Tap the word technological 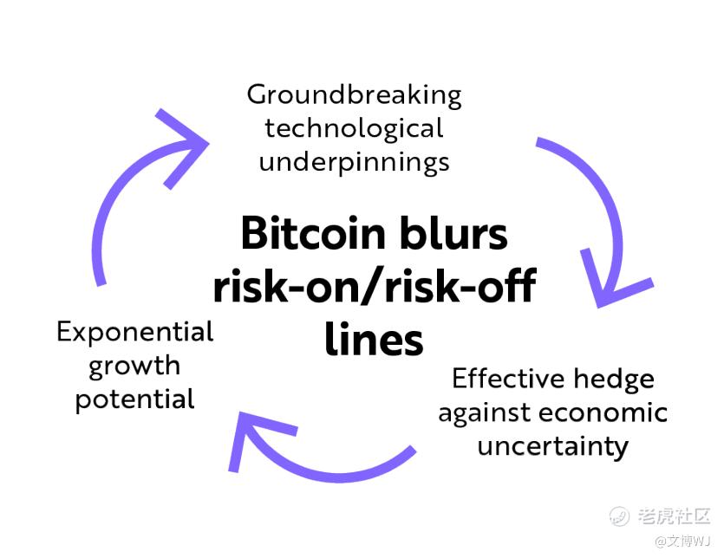tap(354, 128)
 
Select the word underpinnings tap(354, 162)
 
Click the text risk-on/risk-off tap(375, 286)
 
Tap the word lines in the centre tap(375, 339)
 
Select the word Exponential tap(135, 332)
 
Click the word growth tap(135, 366)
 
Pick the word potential tap(135, 399)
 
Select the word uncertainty tap(552, 446)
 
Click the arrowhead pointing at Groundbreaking tap(184, 143)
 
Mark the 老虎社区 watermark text tap(674, 516)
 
